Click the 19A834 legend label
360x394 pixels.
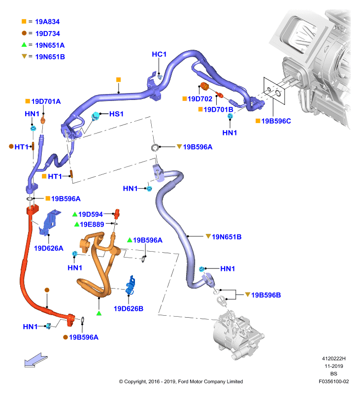click(x=47, y=22)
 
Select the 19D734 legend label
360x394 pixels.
click(x=47, y=33)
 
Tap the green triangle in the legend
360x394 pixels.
click(x=24, y=45)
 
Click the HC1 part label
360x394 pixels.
click(x=159, y=54)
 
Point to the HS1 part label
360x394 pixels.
click(x=116, y=114)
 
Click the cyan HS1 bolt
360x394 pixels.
click(x=96, y=116)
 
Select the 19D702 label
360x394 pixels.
click(x=200, y=99)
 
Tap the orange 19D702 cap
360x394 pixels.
click(x=204, y=86)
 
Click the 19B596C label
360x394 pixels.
click(x=276, y=121)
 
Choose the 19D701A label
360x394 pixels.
click(x=46, y=101)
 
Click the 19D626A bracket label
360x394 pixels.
click(x=48, y=248)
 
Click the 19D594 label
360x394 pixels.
click(x=91, y=214)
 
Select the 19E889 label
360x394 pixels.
click(x=92, y=225)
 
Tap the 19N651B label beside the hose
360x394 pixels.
click(x=227, y=237)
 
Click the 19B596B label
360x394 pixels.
click(x=266, y=295)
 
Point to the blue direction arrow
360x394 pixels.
click(x=36, y=360)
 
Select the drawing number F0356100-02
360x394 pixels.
click(x=333, y=381)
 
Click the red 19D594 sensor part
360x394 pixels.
click(x=117, y=214)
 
